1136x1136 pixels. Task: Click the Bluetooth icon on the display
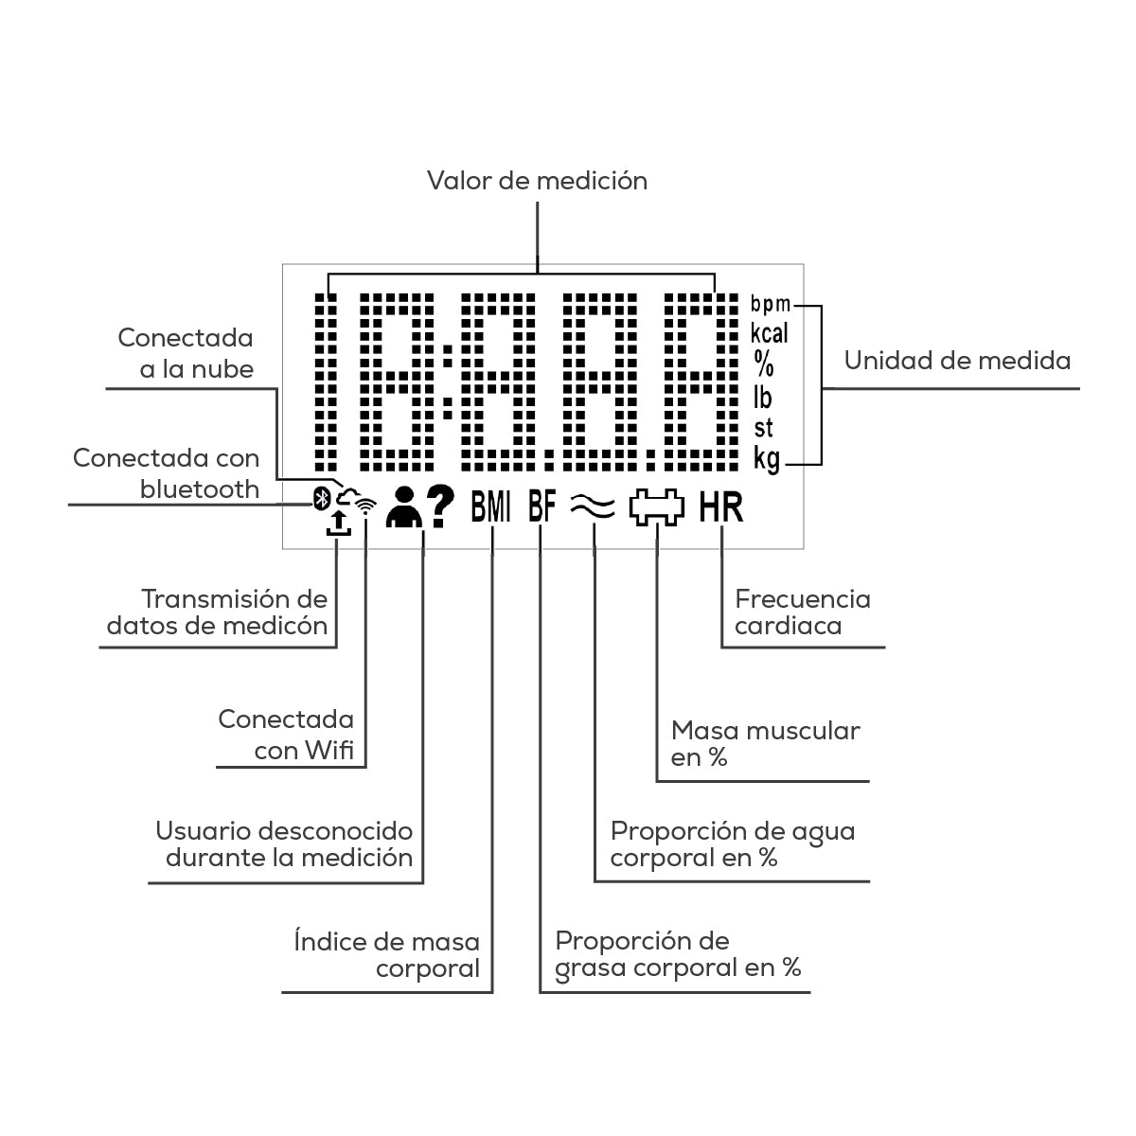321,499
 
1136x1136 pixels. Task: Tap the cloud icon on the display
347,497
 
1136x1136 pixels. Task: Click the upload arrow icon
338,524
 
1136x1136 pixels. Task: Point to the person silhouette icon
404,507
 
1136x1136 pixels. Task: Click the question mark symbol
440,506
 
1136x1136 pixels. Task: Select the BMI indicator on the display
490,507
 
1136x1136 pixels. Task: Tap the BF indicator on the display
541,506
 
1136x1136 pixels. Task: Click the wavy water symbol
593,507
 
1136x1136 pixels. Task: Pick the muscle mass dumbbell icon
657,507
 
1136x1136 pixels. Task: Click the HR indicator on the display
721,507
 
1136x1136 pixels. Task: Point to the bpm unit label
770,304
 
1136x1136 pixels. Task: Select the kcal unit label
769,333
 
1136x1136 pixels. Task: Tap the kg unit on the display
767,459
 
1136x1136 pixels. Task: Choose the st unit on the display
763,429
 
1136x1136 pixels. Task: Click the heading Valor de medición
537,181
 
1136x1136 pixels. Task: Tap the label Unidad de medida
957,360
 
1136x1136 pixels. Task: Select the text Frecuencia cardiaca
803,612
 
